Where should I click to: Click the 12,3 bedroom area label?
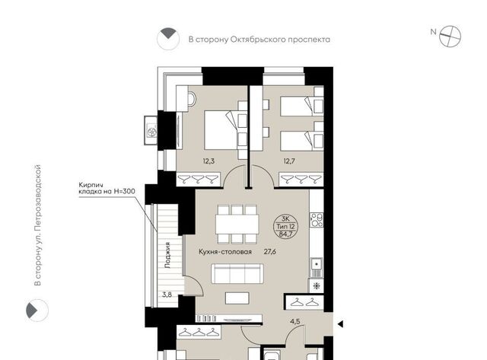tap(208, 161)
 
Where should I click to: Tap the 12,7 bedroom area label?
tap(289, 161)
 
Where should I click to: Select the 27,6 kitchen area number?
tap(270, 252)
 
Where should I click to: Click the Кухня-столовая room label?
tap(225, 252)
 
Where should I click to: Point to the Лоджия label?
tap(167, 255)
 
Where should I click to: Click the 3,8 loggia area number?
tap(167, 295)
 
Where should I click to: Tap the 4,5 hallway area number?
tap(295, 321)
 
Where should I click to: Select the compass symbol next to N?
tap(450, 37)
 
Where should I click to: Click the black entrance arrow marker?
tap(340, 324)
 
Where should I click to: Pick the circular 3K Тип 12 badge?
tap(286, 226)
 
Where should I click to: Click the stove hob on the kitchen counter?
tap(317, 220)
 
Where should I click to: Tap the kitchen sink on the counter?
tap(317, 264)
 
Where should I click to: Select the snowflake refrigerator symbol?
tap(317, 285)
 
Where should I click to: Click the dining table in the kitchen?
tap(237, 224)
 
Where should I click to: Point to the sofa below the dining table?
tap(237, 274)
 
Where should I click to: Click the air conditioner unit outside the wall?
tap(151, 130)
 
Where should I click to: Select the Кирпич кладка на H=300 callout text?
tap(107, 188)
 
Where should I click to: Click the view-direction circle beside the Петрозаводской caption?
tap(37, 310)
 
